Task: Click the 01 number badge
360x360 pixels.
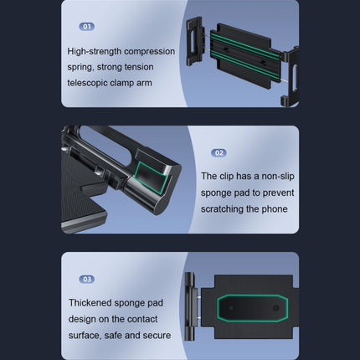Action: [87, 27]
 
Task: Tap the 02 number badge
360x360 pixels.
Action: [219, 152]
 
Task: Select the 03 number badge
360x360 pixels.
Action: [87, 279]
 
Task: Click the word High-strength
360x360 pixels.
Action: [95, 52]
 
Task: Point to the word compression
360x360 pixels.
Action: [150, 52]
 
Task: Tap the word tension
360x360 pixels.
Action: [139, 67]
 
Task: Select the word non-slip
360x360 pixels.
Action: [278, 177]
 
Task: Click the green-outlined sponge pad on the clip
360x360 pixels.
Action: [151, 177]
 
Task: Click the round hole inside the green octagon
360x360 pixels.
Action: [276, 308]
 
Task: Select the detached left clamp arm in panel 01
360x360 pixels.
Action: [196, 41]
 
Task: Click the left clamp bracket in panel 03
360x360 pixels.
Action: [190, 306]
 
